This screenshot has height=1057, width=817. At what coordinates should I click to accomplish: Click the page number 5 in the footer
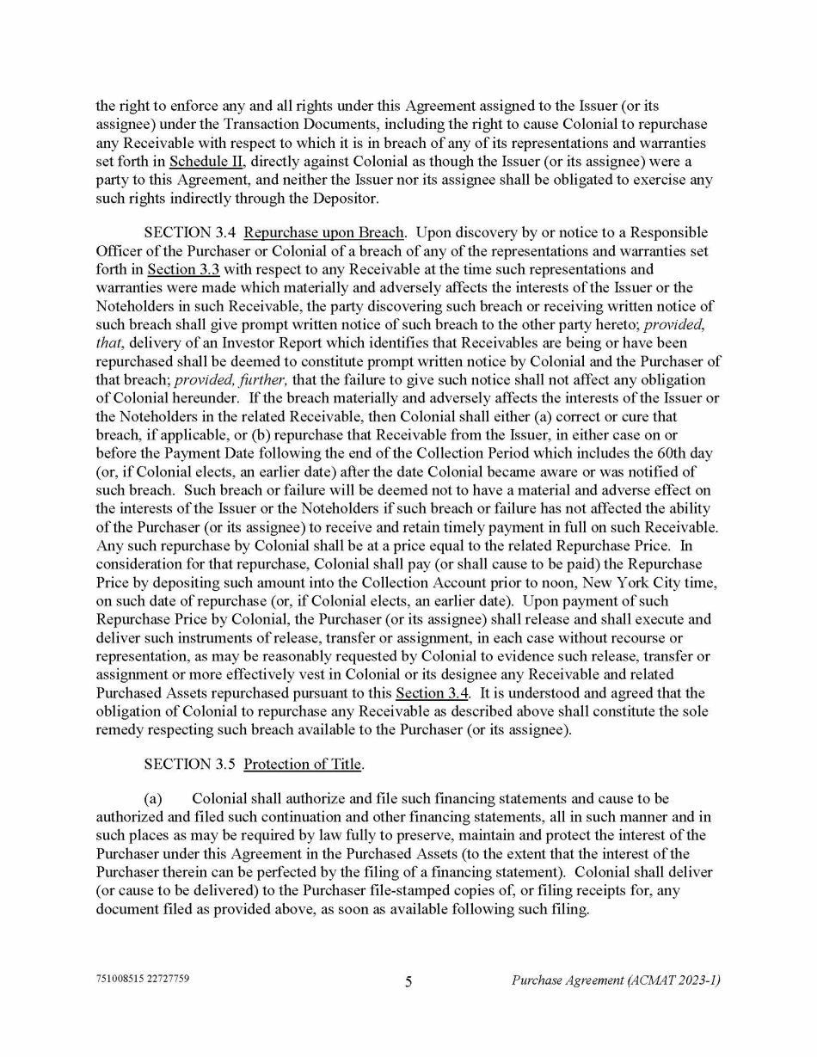tap(408, 981)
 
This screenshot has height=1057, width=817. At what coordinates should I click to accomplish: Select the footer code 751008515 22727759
tap(142, 980)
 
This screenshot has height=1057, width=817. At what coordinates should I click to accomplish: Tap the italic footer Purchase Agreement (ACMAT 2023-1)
tap(616, 980)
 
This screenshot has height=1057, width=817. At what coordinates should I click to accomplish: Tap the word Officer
tap(120, 250)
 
